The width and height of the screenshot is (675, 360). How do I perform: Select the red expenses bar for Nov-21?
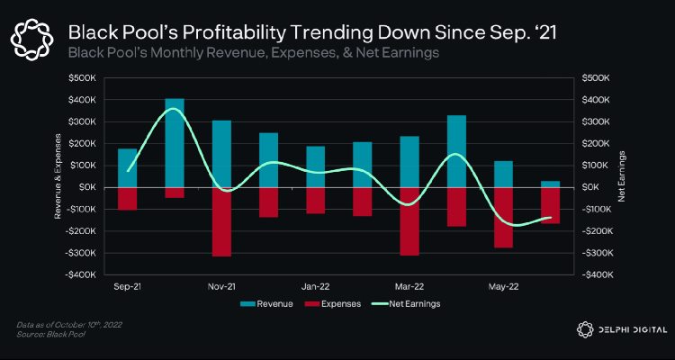click(221, 221)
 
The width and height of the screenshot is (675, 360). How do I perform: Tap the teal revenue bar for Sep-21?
click(128, 167)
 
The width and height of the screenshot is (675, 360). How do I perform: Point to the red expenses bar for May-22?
click(503, 217)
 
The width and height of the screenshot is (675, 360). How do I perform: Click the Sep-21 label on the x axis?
click(128, 286)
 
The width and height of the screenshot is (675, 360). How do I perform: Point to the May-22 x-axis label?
click(503, 286)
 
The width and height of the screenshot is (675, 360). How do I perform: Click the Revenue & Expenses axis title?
click(58, 175)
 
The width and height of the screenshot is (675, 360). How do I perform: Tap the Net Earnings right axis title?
click(622, 175)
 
